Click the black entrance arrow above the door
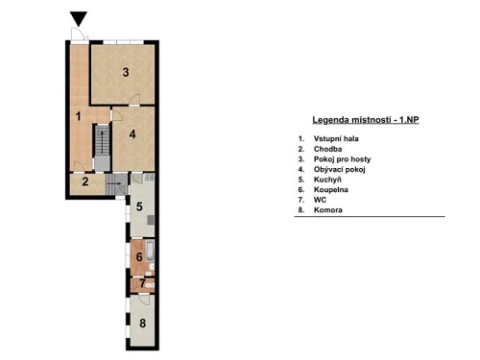[x=78, y=18]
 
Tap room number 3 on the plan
[x=125, y=72]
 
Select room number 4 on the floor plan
[x=132, y=133]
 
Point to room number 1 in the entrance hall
[x=78, y=116]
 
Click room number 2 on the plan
[x=85, y=181]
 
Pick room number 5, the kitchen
[x=139, y=206]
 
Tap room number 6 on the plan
[x=139, y=256]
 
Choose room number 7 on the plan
[x=141, y=283]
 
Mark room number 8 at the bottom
[x=142, y=323]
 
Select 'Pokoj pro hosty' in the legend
[x=342, y=158]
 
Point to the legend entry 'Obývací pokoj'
[x=339, y=169]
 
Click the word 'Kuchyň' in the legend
[x=328, y=179]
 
